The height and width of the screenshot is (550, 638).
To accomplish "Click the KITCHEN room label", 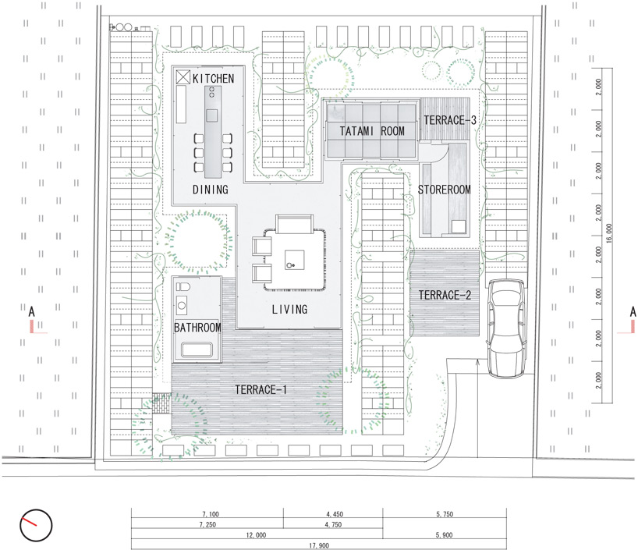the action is [x=213, y=78].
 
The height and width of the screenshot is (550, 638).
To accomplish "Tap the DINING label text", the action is [x=211, y=190].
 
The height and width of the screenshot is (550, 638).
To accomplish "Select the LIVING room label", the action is [x=289, y=310].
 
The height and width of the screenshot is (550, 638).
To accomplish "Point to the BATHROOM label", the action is [x=197, y=328].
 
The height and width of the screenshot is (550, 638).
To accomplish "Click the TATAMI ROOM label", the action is [x=372, y=131].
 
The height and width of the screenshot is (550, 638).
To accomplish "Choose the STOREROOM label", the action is [x=445, y=190].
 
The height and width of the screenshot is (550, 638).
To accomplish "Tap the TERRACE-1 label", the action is [x=261, y=390].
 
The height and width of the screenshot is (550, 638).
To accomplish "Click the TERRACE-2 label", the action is [x=445, y=295].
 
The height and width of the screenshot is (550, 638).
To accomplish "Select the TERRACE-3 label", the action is [x=449, y=120].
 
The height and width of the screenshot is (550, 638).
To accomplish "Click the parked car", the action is [x=506, y=328].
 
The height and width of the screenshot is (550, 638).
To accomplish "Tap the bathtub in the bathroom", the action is [x=197, y=350].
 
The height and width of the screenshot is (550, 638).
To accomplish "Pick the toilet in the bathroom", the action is [x=183, y=286].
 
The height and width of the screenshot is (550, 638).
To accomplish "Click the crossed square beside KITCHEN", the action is [x=183, y=77].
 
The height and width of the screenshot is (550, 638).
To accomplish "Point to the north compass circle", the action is [x=36, y=525].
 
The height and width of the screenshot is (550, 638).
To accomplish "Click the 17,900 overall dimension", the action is [x=319, y=545].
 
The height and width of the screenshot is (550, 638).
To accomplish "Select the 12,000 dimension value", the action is [x=256, y=535].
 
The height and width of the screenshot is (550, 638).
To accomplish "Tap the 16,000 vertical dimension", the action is [x=608, y=233].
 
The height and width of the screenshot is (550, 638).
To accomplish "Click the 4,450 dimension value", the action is [x=335, y=514].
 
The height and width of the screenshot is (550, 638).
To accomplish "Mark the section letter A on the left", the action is [x=32, y=312].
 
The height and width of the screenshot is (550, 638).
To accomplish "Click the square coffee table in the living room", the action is [x=294, y=260].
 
